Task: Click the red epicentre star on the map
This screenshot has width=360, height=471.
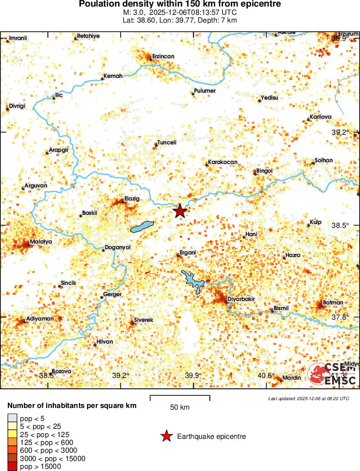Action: click(180, 211)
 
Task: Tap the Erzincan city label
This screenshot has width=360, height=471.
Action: click(163, 57)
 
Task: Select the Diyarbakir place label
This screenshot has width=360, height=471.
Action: click(241, 299)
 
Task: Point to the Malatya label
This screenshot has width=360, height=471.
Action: click(41, 242)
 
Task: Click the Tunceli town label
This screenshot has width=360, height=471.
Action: click(166, 142)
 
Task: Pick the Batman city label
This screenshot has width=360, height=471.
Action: click(333, 302)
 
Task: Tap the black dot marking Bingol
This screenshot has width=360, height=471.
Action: click(255, 174)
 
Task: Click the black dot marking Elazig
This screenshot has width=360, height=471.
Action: click(123, 201)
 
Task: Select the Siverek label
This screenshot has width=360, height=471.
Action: click(143, 320)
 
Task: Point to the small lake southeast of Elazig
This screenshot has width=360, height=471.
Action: click(142, 227)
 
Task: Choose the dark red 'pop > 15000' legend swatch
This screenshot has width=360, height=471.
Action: click(12, 467)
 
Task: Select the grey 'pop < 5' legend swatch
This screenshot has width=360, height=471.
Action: click(12, 418)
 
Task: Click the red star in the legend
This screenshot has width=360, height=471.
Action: click(166, 436)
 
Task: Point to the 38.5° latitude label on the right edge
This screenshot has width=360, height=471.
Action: click(340, 225)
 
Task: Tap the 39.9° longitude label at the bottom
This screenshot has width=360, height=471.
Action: click(193, 375)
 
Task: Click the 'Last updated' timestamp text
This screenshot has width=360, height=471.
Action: click(308, 398)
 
